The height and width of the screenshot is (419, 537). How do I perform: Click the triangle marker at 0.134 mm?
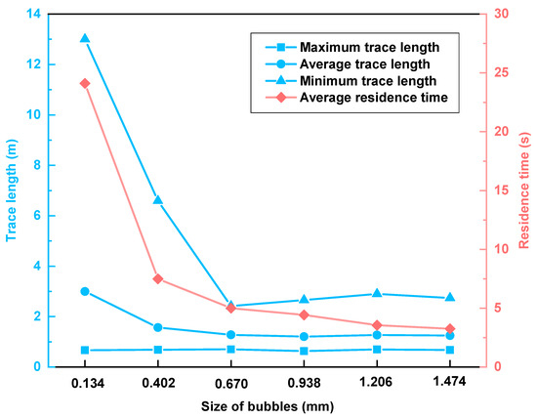pos(85,39)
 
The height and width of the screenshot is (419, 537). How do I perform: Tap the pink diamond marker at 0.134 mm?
pos(85,83)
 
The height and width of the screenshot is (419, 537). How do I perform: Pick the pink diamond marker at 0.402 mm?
pos(158,278)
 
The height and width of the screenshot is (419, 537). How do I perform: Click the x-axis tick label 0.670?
pos(231,384)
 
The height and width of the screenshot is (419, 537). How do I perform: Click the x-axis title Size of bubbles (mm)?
pos(267,407)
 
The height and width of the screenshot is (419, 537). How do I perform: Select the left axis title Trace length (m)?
pos(12,190)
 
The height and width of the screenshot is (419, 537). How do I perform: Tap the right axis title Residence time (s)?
pos(524,190)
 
